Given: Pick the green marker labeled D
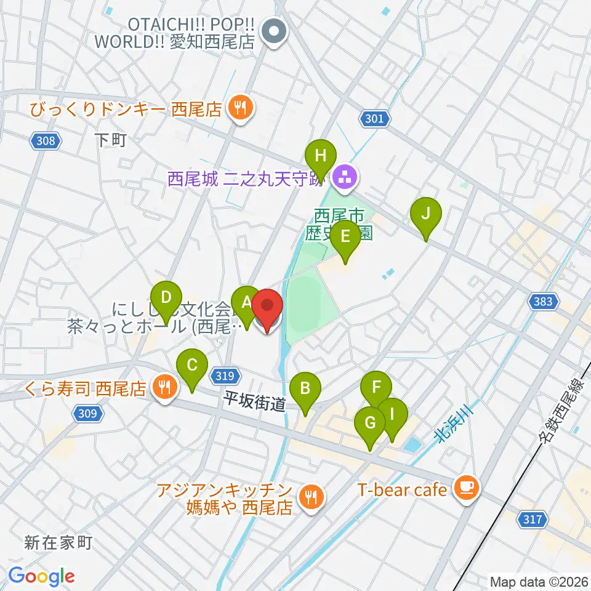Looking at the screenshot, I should point(166,298).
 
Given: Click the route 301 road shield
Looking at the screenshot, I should point(374,119).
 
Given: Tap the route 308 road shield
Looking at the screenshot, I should point(46,141).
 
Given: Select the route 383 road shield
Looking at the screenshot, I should point(544,301).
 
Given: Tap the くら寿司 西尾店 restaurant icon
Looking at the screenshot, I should point(163,387).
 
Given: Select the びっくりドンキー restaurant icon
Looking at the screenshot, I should point(238,109).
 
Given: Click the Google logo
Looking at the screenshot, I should point(41,576).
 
